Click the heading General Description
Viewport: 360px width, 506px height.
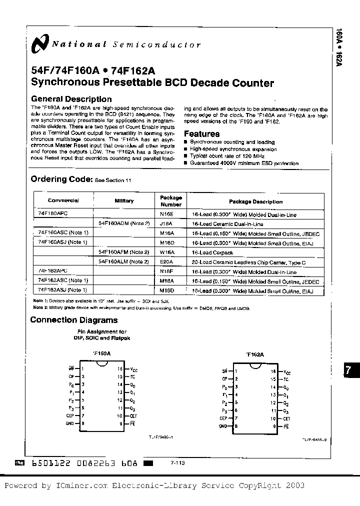tap(71, 99)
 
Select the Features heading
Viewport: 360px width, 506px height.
tap(201, 133)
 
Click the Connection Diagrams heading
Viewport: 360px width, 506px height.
tap(74, 320)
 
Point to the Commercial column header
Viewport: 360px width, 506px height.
tap(63, 200)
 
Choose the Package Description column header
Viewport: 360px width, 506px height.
tap(255, 201)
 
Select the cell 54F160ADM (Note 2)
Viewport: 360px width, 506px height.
tap(124, 223)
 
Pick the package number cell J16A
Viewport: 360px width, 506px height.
tap(166, 223)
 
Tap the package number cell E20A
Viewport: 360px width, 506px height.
tap(166, 262)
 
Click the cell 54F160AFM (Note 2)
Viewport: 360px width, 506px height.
tap(124, 252)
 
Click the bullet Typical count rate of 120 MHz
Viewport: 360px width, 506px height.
tap(223, 156)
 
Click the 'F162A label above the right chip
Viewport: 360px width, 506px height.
tap(255, 354)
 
